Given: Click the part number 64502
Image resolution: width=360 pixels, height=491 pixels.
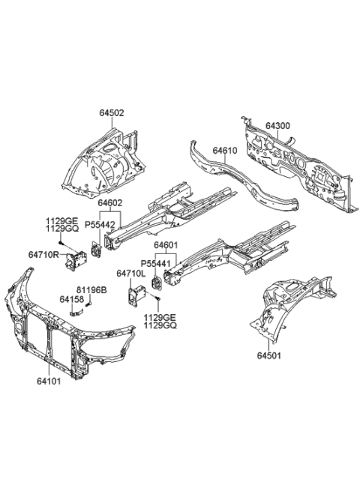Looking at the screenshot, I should (x=112, y=113).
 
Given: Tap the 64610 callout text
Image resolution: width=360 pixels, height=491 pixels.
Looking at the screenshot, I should (x=224, y=151).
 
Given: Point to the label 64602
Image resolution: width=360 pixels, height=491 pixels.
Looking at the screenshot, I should (x=109, y=202).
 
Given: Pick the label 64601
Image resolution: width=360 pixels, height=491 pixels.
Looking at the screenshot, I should (x=167, y=244).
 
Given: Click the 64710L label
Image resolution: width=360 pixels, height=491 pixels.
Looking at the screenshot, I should (x=132, y=274).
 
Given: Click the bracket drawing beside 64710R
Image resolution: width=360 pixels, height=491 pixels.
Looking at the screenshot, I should (x=75, y=260).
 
